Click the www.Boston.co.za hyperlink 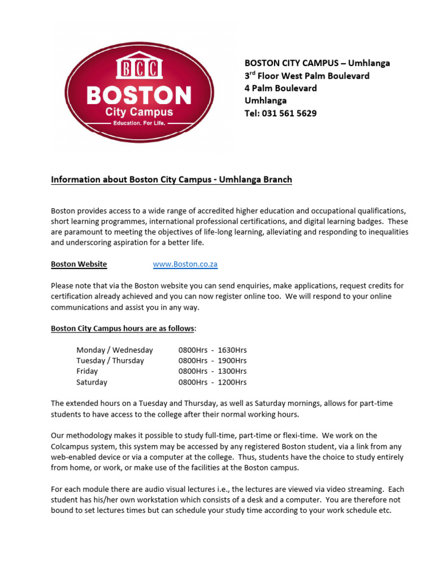point(185,264)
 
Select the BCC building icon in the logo point(139,68)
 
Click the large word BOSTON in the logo point(139,94)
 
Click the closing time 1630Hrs point(232,350)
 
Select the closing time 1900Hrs point(232,361)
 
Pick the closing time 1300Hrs point(232,371)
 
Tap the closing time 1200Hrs point(232,382)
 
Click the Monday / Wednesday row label point(115,350)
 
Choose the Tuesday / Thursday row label point(110,361)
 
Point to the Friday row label point(87,371)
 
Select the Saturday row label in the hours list point(92,382)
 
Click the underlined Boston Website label point(79,264)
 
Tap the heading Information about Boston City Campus point(171,180)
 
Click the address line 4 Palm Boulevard point(280,88)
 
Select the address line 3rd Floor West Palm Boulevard point(307,76)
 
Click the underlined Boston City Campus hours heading point(123,329)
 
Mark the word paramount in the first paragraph point(83,232)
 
